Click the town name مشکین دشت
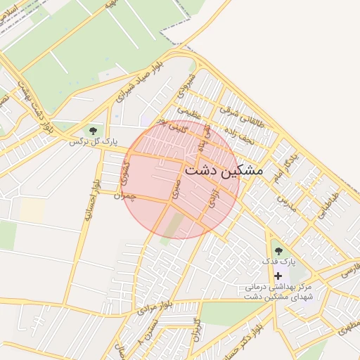tap(223, 170)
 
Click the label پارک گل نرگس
tap(92, 141)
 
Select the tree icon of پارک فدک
tap(278, 250)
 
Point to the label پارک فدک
tap(278, 262)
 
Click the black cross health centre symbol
tap(278, 276)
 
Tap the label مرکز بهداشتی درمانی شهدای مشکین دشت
tap(278, 292)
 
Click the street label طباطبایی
tap(328, 204)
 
